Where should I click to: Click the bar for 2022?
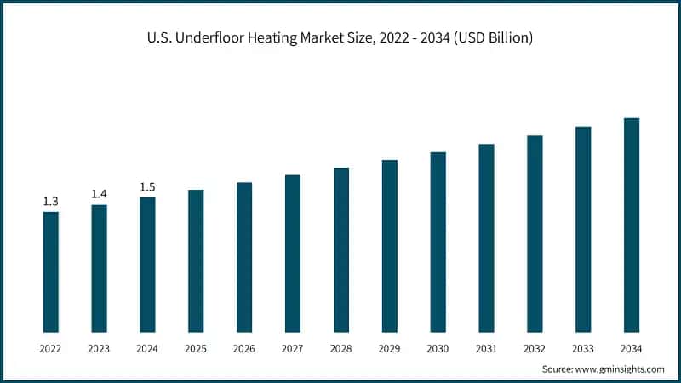pyautogui.click(x=51, y=272)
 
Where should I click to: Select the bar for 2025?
pyautogui.click(x=196, y=260)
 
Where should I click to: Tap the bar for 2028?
pyautogui.click(x=341, y=249)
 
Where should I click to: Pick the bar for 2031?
pyautogui.click(x=486, y=237)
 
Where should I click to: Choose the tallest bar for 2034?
pyautogui.click(x=632, y=225)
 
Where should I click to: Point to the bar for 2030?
pyautogui.click(x=438, y=242)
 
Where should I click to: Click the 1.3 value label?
pyautogui.click(x=51, y=202)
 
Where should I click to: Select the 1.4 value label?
pyautogui.click(x=100, y=195)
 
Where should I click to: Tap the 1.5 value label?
pyautogui.click(x=147, y=187)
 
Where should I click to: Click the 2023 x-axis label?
pyautogui.click(x=100, y=348)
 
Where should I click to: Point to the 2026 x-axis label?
pyautogui.click(x=244, y=348)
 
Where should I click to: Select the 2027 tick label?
pyautogui.click(x=293, y=348)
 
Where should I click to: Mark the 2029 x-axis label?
pyautogui.click(x=390, y=348)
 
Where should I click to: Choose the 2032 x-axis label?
pyautogui.click(x=535, y=348)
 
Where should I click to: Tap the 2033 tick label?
pyautogui.click(x=583, y=348)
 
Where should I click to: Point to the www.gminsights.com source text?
pyautogui.click(x=620, y=369)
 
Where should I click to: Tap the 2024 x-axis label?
pyautogui.click(x=147, y=348)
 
